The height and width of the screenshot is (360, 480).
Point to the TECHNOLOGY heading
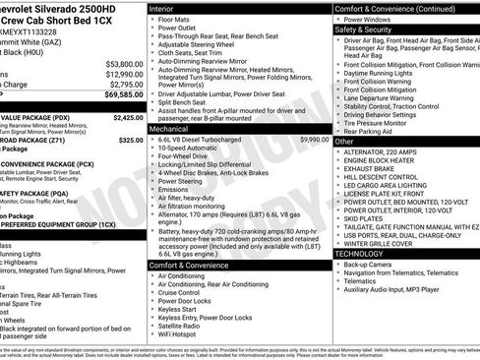(x=360, y=254)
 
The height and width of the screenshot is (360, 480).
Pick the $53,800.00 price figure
(x=124, y=63)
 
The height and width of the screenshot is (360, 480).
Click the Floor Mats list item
(x=177, y=19)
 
